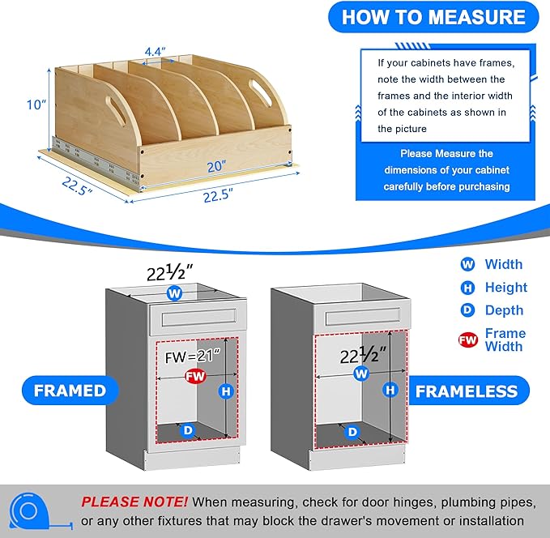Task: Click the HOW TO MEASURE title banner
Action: [433, 17]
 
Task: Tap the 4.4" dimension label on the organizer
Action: [155, 52]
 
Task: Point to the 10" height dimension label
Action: [36, 105]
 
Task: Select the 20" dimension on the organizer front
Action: [216, 166]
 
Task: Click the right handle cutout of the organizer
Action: [261, 92]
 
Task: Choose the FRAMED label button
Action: [70, 391]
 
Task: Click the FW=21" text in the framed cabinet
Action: [193, 357]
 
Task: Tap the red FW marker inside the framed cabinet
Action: [195, 376]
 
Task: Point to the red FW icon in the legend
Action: [468, 339]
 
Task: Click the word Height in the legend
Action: [505, 288]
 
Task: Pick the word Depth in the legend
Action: [504, 310]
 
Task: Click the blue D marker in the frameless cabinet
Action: [352, 431]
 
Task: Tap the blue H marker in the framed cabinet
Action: [226, 391]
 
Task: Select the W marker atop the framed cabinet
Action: [175, 293]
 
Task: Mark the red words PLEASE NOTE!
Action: [134, 502]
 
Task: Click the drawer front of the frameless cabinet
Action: [362, 318]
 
